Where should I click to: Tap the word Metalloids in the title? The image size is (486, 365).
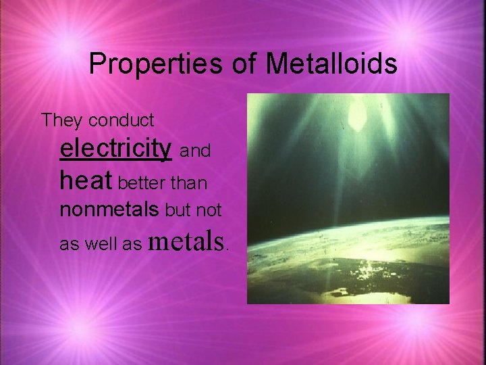pos(331,64)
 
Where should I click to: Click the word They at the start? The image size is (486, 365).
pos(62,120)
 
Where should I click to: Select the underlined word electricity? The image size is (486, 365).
pos(115,148)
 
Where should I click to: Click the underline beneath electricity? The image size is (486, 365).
pos(115,160)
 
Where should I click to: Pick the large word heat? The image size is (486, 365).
pos(87,180)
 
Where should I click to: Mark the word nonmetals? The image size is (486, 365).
pos(111,210)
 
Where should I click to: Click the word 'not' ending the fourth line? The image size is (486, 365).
pos(210,210)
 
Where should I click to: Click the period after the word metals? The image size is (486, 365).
pos(228,247)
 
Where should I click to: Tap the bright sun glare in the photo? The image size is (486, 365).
pos(355,116)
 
